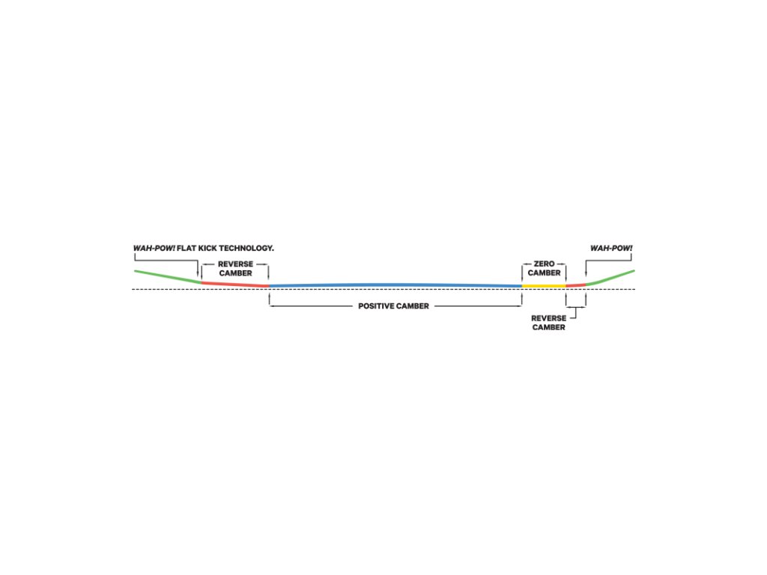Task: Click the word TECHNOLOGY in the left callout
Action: [x=243, y=248]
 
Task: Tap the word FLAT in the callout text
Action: [x=187, y=248]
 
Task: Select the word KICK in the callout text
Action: [x=207, y=248]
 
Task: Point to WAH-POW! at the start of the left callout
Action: [x=154, y=248]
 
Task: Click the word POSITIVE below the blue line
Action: [x=377, y=306]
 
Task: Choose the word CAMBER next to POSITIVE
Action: [x=413, y=306]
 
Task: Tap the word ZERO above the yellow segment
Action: [x=544, y=264]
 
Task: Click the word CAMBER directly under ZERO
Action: [x=544, y=273]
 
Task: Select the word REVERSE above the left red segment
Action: [x=235, y=264]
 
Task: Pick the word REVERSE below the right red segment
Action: [x=548, y=318]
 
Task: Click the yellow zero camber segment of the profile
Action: [x=544, y=286]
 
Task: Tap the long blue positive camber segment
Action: [x=395, y=285]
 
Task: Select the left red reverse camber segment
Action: [x=235, y=284]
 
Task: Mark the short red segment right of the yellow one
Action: [x=575, y=285]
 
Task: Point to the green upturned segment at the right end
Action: [x=613, y=277]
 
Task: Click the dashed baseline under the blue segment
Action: [x=395, y=290]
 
